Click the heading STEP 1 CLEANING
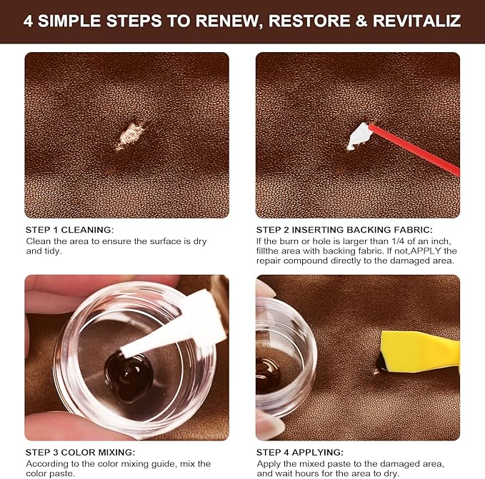coord(69,230)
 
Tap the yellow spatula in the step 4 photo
coord(418,352)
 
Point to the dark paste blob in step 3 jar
coord(129,374)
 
